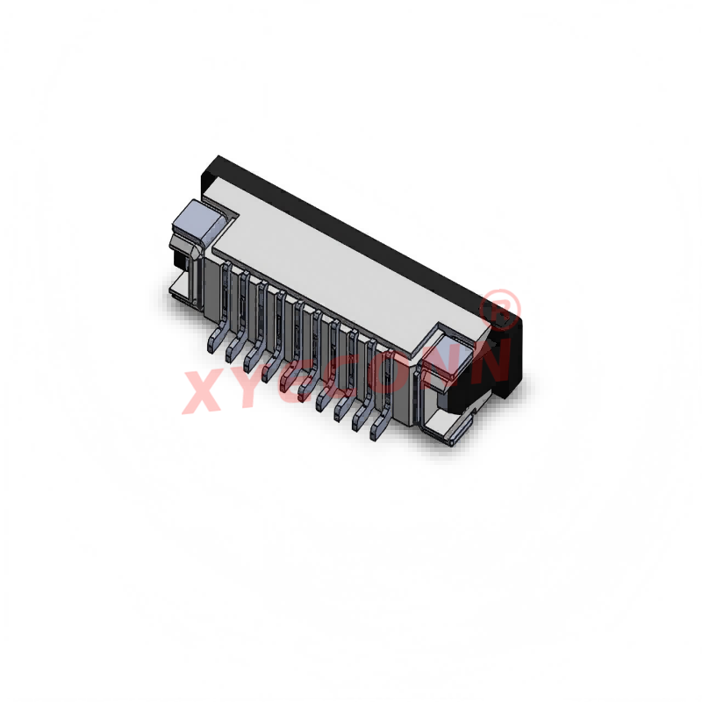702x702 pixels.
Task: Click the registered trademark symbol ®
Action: [502, 307]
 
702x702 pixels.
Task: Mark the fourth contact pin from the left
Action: [270, 369]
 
